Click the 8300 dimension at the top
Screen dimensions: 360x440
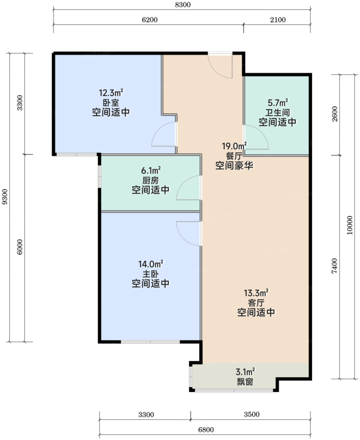(x=183, y=5)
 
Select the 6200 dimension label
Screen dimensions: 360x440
(x=150, y=20)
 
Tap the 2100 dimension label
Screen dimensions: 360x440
(x=278, y=20)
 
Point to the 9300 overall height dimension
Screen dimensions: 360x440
(x=5, y=197)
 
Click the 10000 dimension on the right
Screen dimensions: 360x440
(x=350, y=225)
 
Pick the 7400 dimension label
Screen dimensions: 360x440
(x=334, y=266)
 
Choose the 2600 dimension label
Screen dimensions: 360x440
(x=334, y=114)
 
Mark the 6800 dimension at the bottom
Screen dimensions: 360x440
(x=206, y=430)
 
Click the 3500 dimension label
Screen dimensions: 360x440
(x=252, y=414)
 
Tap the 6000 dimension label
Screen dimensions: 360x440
(x=19, y=247)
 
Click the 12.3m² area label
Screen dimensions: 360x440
(x=111, y=92)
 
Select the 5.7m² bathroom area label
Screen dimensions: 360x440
(x=278, y=102)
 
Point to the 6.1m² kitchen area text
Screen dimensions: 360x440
(x=151, y=170)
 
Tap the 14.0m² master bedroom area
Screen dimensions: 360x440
(x=151, y=264)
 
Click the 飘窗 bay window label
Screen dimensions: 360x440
(x=245, y=382)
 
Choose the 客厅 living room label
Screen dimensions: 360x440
(x=256, y=303)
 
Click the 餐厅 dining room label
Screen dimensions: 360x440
(x=234, y=156)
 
